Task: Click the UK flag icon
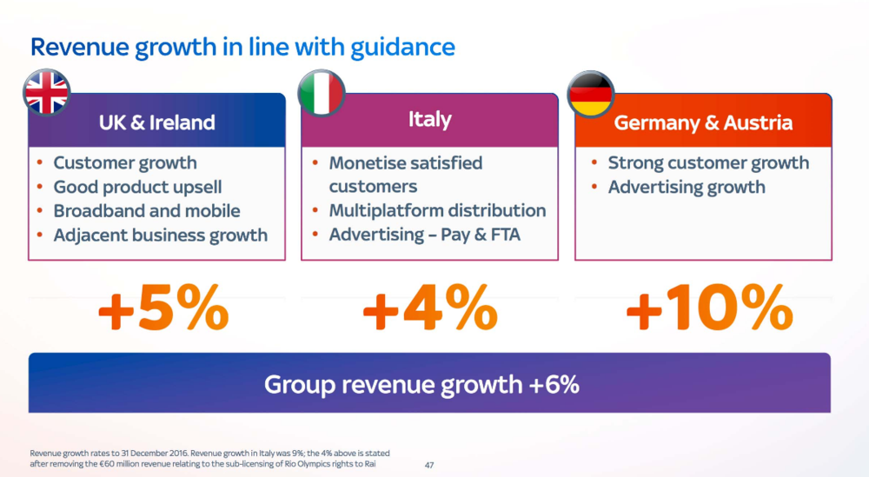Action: coord(47,92)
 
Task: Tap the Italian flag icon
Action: coord(322,93)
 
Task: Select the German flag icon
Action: coord(591,94)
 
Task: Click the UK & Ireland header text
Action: coord(156,123)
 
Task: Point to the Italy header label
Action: coord(429,120)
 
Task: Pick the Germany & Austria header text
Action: coord(703,123)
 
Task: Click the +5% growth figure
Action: coord(163,308)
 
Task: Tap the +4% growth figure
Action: coord(430,308)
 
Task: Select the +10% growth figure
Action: coord(709,308)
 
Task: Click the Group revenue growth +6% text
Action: coord(421,384)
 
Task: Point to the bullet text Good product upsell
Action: coord(137,188)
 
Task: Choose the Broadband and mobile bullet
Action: coord(147,211)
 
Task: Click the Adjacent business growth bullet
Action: coord(160,235)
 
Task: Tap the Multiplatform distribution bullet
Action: coord(437,210)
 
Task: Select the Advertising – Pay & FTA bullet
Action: coord(425,235)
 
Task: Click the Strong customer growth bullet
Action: coord(708,162)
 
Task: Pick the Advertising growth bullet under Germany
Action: coord(687,188)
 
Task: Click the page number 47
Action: coord(429,466)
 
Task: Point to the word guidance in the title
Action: coord(402,48)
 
